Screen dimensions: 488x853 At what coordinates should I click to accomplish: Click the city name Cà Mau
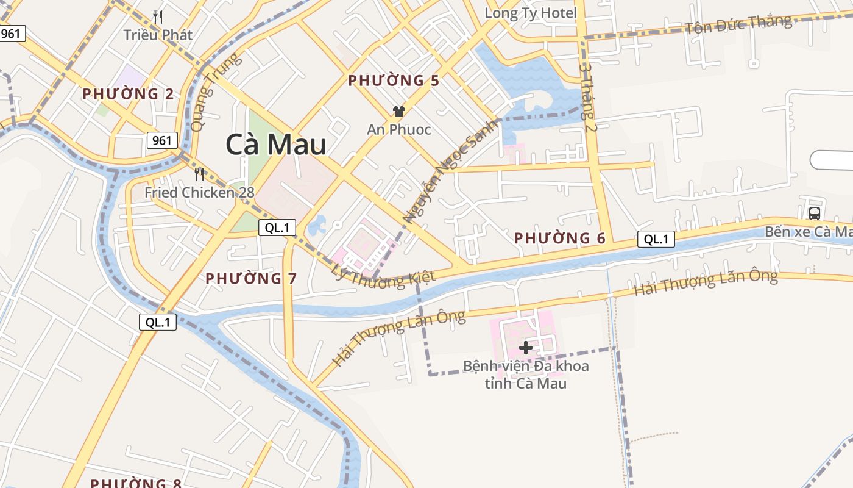click(275, 145)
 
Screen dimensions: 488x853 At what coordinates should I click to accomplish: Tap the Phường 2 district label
click(128, 94)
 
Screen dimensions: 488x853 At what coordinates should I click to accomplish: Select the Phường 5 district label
click(394, 81)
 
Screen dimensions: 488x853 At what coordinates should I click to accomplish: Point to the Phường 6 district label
click(560, 238)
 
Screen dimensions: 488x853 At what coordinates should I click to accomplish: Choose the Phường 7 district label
click(250, 279)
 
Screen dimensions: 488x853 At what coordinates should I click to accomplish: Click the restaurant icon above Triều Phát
click(158, 17)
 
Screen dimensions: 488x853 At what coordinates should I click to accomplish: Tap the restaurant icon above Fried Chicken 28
click(199, 174)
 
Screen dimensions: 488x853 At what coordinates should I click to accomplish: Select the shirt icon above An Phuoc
click(399, 111)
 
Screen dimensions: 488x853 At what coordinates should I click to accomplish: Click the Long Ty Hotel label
click(530, 13)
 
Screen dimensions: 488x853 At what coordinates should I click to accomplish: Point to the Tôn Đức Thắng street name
click(738, 25)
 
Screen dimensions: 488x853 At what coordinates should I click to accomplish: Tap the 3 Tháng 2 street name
click(589, 96)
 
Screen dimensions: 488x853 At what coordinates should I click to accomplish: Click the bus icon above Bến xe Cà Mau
click(814, 213)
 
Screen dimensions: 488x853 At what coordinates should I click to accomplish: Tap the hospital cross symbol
click(525, 348)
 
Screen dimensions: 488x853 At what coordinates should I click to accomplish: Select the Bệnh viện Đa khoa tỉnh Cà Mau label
click(526, 375)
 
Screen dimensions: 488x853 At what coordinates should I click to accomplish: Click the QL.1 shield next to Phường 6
click(656, 239)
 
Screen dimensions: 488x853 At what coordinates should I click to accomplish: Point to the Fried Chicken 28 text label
click(199, 193)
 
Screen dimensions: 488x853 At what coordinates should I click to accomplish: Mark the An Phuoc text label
click(398, 129)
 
